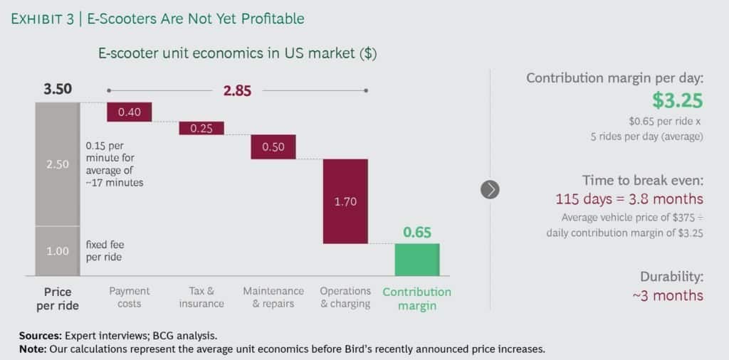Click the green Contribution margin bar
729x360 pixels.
click(417, 259)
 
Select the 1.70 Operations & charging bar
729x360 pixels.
click(345, 201)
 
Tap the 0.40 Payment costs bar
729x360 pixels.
click(130, 112)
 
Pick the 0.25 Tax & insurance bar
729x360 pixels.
click(201, 128)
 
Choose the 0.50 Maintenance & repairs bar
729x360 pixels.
click(273, 147)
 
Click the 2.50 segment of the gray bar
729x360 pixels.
click(58, 164)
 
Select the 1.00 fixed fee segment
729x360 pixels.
click(58, 250)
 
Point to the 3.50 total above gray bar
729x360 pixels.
click(58, 90)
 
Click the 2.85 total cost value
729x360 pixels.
click(237, 90)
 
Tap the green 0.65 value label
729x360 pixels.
click(417, 233)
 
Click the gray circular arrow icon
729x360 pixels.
click(490, 189)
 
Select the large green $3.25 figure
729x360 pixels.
click(678, 100)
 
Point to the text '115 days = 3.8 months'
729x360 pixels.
click(629, 199)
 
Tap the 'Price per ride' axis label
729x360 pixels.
click(58, 298)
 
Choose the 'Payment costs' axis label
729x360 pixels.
click(130, 297)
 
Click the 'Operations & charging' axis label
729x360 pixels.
click(345, 297)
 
